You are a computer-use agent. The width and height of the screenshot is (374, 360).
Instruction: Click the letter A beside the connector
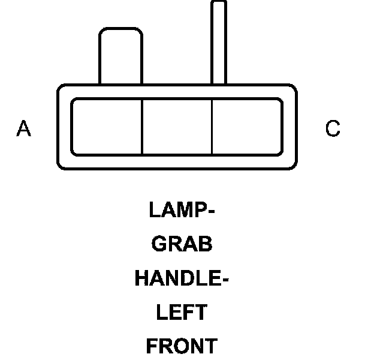pyautogui.click(x=23, y=128)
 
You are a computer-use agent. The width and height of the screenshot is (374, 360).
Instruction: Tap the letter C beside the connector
pyautogui.click(x=333, y=128)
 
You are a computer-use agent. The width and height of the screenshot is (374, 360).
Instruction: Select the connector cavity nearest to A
pyautogui.click(x=107, y=127)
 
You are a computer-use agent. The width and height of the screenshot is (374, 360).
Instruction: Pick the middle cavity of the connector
pyautogui.click(x=177, y=127)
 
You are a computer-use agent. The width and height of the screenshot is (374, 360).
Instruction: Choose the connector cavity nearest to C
pyautogui.click(x=247, y=127)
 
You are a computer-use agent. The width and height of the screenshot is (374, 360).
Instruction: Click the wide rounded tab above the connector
pyautogui.click(x=121, y=56)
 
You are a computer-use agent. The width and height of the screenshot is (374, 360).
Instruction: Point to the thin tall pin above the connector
pyautogui.click(x=219, y=42)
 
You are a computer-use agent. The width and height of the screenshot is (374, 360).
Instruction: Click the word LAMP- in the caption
pyautogui.click(x=182, y=210)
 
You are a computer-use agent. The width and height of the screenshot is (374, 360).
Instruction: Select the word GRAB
pyautogui.click(x=182, y=244)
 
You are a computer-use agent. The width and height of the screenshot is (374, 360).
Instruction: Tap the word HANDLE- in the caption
pyautogui.click(x=182, y=278)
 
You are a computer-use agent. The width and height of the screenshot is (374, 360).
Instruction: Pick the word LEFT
pyautogui.click(x=182, y=313)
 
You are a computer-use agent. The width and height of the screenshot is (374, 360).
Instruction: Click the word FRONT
pyautogui.click(x=182, y=347)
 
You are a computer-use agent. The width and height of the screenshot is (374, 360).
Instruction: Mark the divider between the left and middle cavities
pyautogui.click(x=142, y=127)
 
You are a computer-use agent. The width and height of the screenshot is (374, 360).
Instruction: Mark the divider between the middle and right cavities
pyautogui.click(x=213, y=127)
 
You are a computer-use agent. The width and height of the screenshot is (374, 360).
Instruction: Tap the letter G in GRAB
pyautogui.click(x=159, y=244)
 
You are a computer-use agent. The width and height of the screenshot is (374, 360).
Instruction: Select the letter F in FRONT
pyautogui.click(x=152, y=347)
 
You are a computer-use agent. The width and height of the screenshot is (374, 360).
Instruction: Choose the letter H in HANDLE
pyautogui.click(x=141, y=278)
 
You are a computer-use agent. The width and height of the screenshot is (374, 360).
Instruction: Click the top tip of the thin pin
pyautogui.click(x=219, y=4)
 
